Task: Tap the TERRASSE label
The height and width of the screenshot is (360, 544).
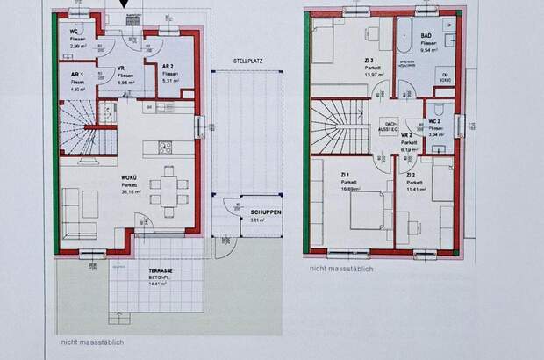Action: (159, 270)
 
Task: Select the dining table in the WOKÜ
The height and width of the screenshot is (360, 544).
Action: (168, 192)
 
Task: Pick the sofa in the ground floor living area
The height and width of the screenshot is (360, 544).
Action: (81, 215)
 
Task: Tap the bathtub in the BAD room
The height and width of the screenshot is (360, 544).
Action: (405, 36)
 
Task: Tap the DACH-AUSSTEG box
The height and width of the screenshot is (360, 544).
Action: (390, 127)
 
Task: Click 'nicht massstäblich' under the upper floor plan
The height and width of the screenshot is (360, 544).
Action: (342, 270)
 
